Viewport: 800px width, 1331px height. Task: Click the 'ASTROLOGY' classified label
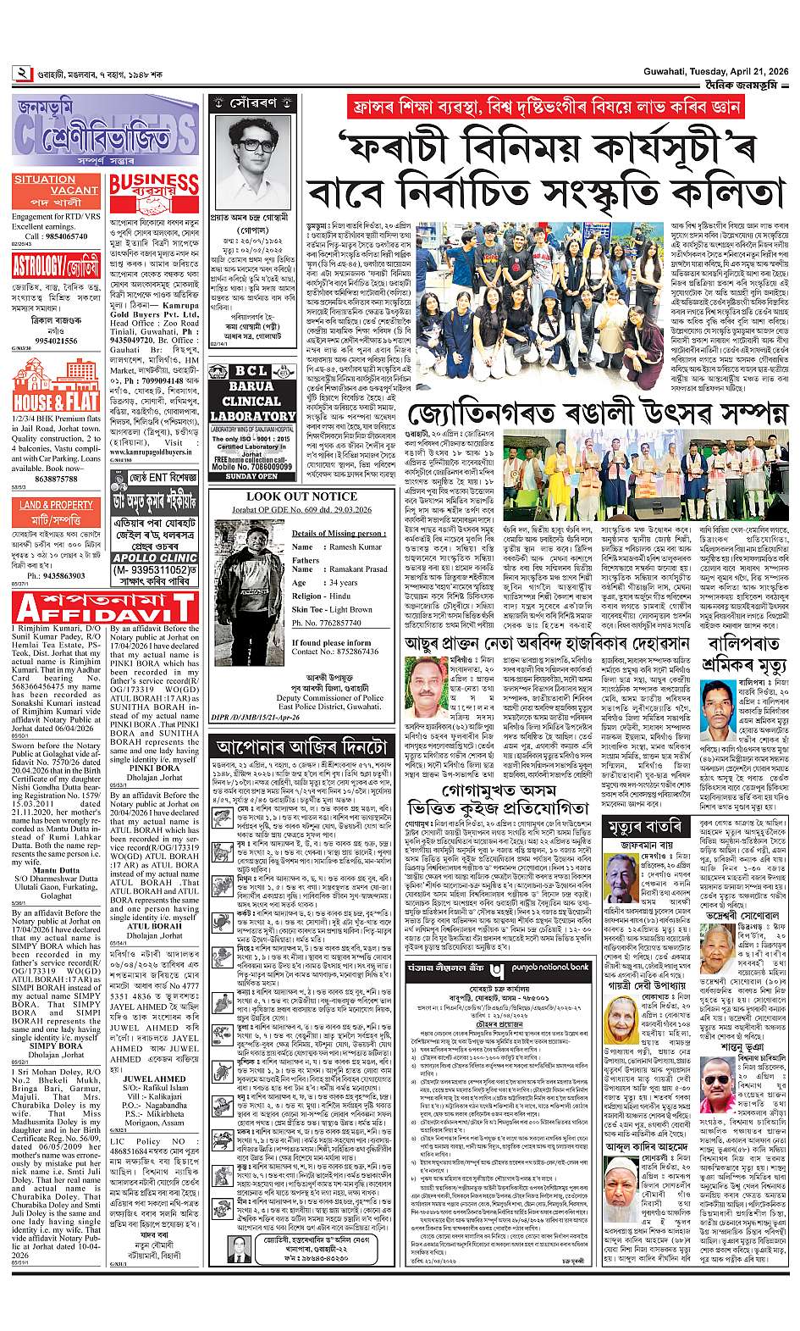[x=35, y=266]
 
